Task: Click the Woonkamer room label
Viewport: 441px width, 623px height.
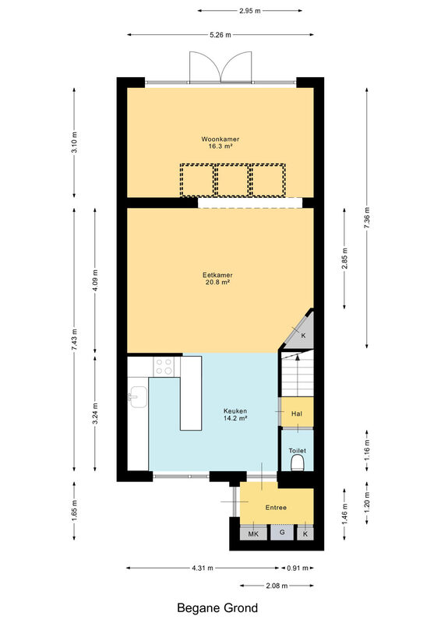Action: [220, 139]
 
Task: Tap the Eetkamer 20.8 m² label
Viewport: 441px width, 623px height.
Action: [217, 279]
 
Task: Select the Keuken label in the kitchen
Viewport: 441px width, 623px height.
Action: [235, 411]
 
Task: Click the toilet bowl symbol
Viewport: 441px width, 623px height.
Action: [298, 463]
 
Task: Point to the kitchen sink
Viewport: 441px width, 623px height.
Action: [137, 397]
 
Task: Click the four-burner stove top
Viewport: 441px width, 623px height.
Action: [164, 366]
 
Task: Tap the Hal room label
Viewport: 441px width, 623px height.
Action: [297, 414]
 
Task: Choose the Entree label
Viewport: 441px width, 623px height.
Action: [276, 508]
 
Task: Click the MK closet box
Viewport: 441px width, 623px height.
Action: [253, 533]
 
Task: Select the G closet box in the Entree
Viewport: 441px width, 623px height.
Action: [282, 533]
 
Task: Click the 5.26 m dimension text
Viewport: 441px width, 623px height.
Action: [220, 35]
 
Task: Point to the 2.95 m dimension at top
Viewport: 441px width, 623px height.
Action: [250, 11]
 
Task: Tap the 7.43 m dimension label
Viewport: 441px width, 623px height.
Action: [74, 340]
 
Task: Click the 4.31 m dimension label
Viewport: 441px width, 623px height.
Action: [203, 568]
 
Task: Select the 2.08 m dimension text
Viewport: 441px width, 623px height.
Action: [277, 586]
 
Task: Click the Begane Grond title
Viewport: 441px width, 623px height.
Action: [217, 608]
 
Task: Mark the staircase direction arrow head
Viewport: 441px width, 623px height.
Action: [297, 357]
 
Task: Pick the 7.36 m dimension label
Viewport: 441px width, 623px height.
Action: [367, 218]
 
